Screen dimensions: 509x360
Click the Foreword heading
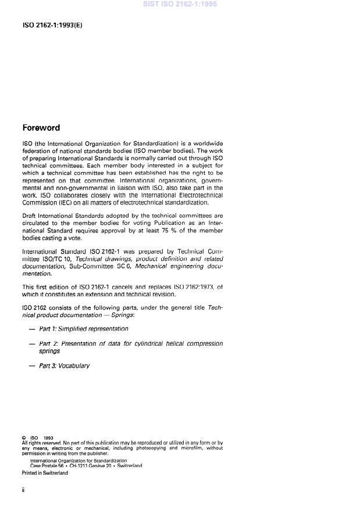[41, 128]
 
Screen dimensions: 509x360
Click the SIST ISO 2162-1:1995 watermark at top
[180, 4]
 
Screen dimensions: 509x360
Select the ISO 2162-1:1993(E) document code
[52, 26]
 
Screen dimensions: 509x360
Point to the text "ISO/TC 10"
[58, 259]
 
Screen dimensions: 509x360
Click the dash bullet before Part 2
[31, 344]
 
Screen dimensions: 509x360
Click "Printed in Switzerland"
[45, 473]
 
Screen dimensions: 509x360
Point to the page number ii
[23, 490]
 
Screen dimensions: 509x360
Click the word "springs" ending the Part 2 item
[49, 351]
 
